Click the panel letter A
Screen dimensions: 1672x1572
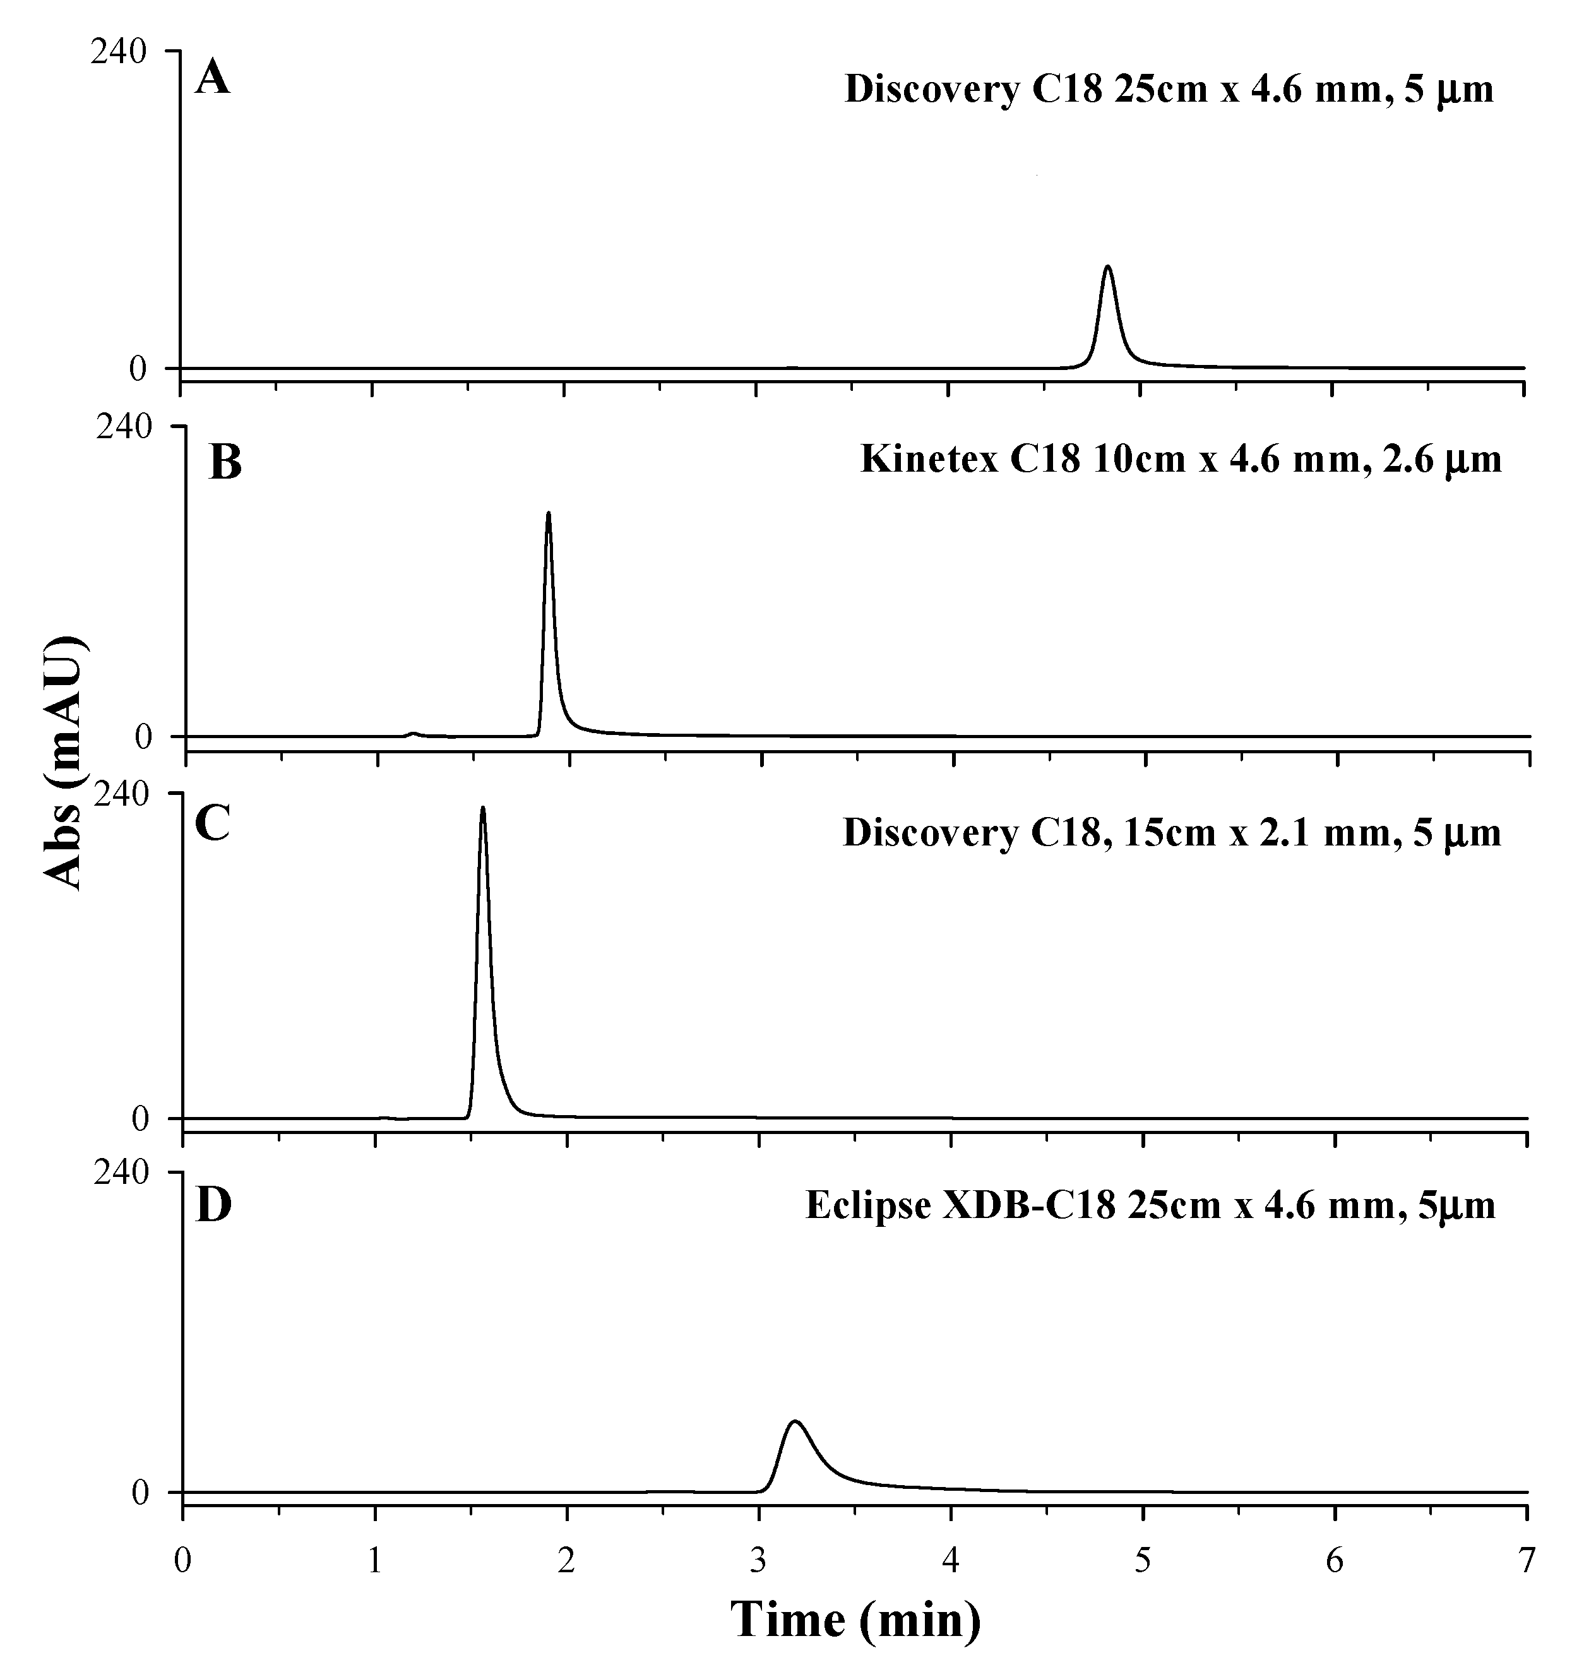(x=212, y=81)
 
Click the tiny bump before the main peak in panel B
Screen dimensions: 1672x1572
(x=412, y=732)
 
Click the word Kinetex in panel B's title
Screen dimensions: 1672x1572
(x=929, y=460)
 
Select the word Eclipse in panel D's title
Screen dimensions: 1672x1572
(x=868, y=1205)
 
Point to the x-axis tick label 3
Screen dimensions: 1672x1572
(x=759, y=1561)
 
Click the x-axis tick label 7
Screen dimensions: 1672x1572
(x=1527, y=1561)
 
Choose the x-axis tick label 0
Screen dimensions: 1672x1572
(x=182, y=1561)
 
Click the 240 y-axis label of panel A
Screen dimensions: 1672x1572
(x=119, y=52)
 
